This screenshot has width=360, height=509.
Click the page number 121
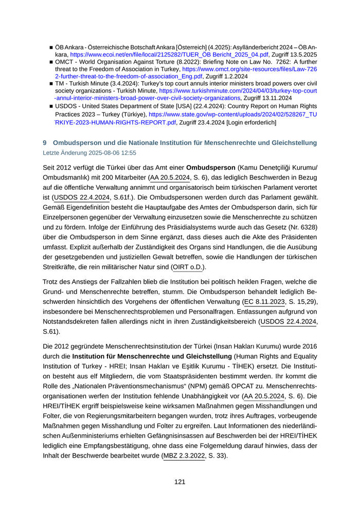pyautogui.click(x=179, y=482)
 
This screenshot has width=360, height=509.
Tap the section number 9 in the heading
pyautogui.click(x=45, y=142)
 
